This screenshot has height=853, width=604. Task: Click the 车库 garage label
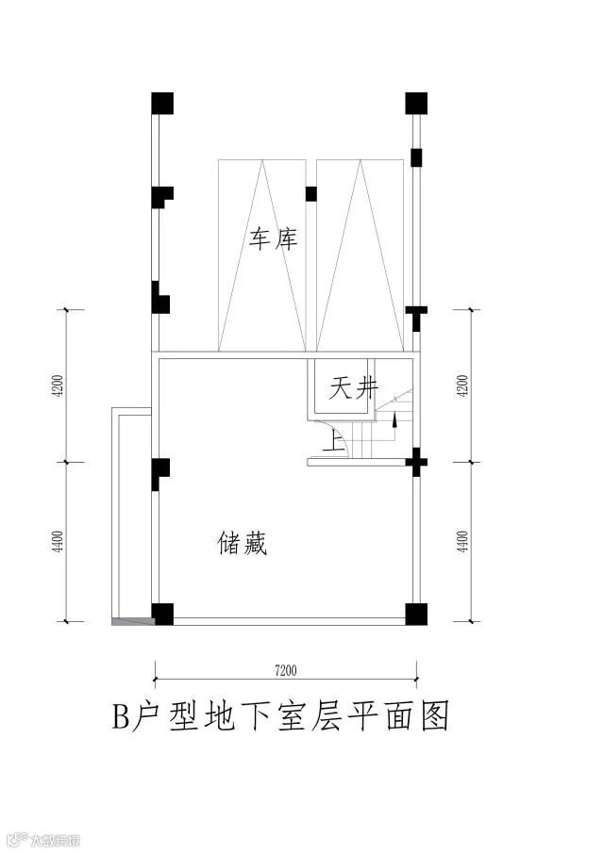point(274,239)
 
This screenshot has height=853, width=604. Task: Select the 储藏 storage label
point(243,544)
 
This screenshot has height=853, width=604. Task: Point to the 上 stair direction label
point(331,440)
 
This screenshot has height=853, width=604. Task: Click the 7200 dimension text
point(286,671)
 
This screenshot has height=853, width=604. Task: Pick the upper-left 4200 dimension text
point(58,386)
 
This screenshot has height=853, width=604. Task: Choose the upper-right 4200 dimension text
point(461,386)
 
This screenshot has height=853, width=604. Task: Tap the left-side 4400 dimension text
point(58,543)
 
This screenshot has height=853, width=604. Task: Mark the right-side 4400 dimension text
point(461,543)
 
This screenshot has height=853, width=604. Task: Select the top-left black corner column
point(162,103)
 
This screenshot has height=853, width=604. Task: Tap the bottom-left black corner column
point(162,614)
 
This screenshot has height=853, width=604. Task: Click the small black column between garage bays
point(310,194)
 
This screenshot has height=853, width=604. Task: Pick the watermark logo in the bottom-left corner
point(15,838)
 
